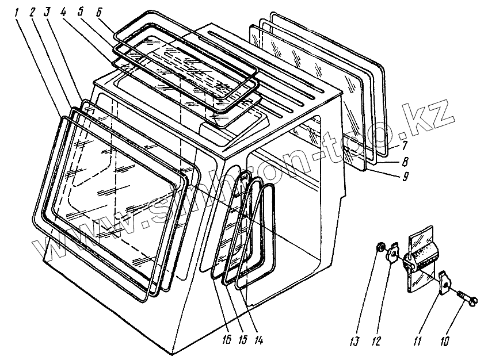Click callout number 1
pos(17,12)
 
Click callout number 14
pos(258,340)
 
